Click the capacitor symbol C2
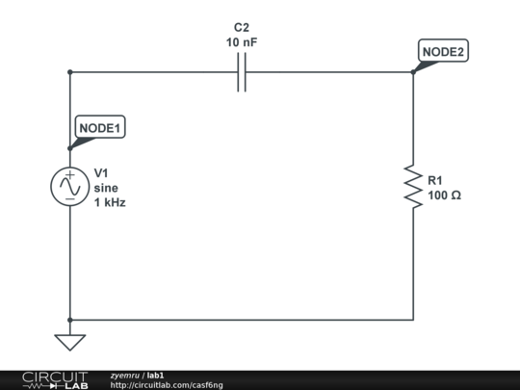click(242, 72)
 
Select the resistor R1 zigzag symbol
click(413, 187)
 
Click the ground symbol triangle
click(70, 341)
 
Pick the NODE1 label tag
click(100, 126)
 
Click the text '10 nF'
click(241, 42)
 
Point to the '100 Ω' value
click(444, 195)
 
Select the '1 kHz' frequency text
click(110, 203)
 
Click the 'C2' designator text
click(241, 28)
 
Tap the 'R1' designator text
click(435, 180)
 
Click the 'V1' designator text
click(102, 173)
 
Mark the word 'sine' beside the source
click(106, 188)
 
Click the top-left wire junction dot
click(70, 72)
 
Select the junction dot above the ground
click(70, 320)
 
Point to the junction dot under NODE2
click(413, 72)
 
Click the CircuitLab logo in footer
click(55, 379)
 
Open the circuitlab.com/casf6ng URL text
click(167, 385)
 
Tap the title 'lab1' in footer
click(155, 375)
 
